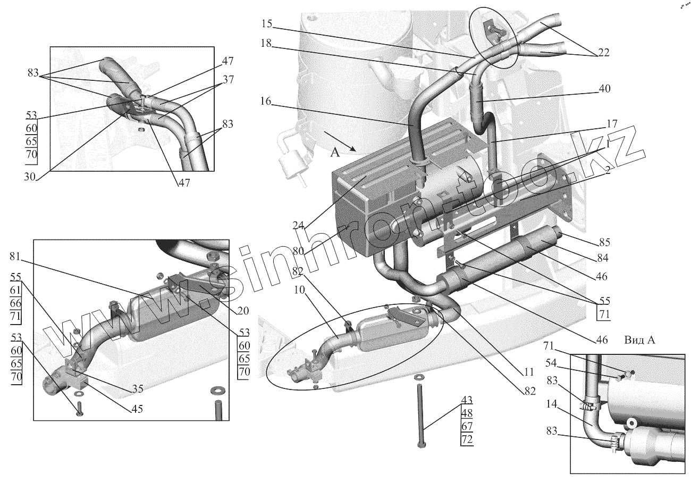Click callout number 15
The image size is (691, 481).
267,24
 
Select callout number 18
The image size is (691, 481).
266,45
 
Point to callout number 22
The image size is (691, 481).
602,53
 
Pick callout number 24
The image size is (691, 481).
298,225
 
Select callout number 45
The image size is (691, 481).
138,409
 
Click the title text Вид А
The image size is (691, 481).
640,340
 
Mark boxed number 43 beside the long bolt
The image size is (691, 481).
466,400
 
